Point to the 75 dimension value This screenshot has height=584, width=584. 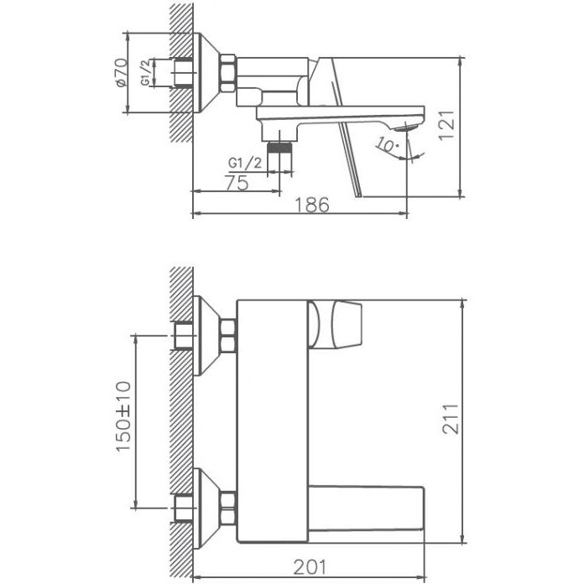(x=237, y=183)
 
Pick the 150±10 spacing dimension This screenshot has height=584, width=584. (x=123, y=420)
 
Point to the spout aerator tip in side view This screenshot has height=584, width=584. (x=409, y=127)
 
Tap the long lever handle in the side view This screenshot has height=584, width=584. (x=351, y=155)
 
